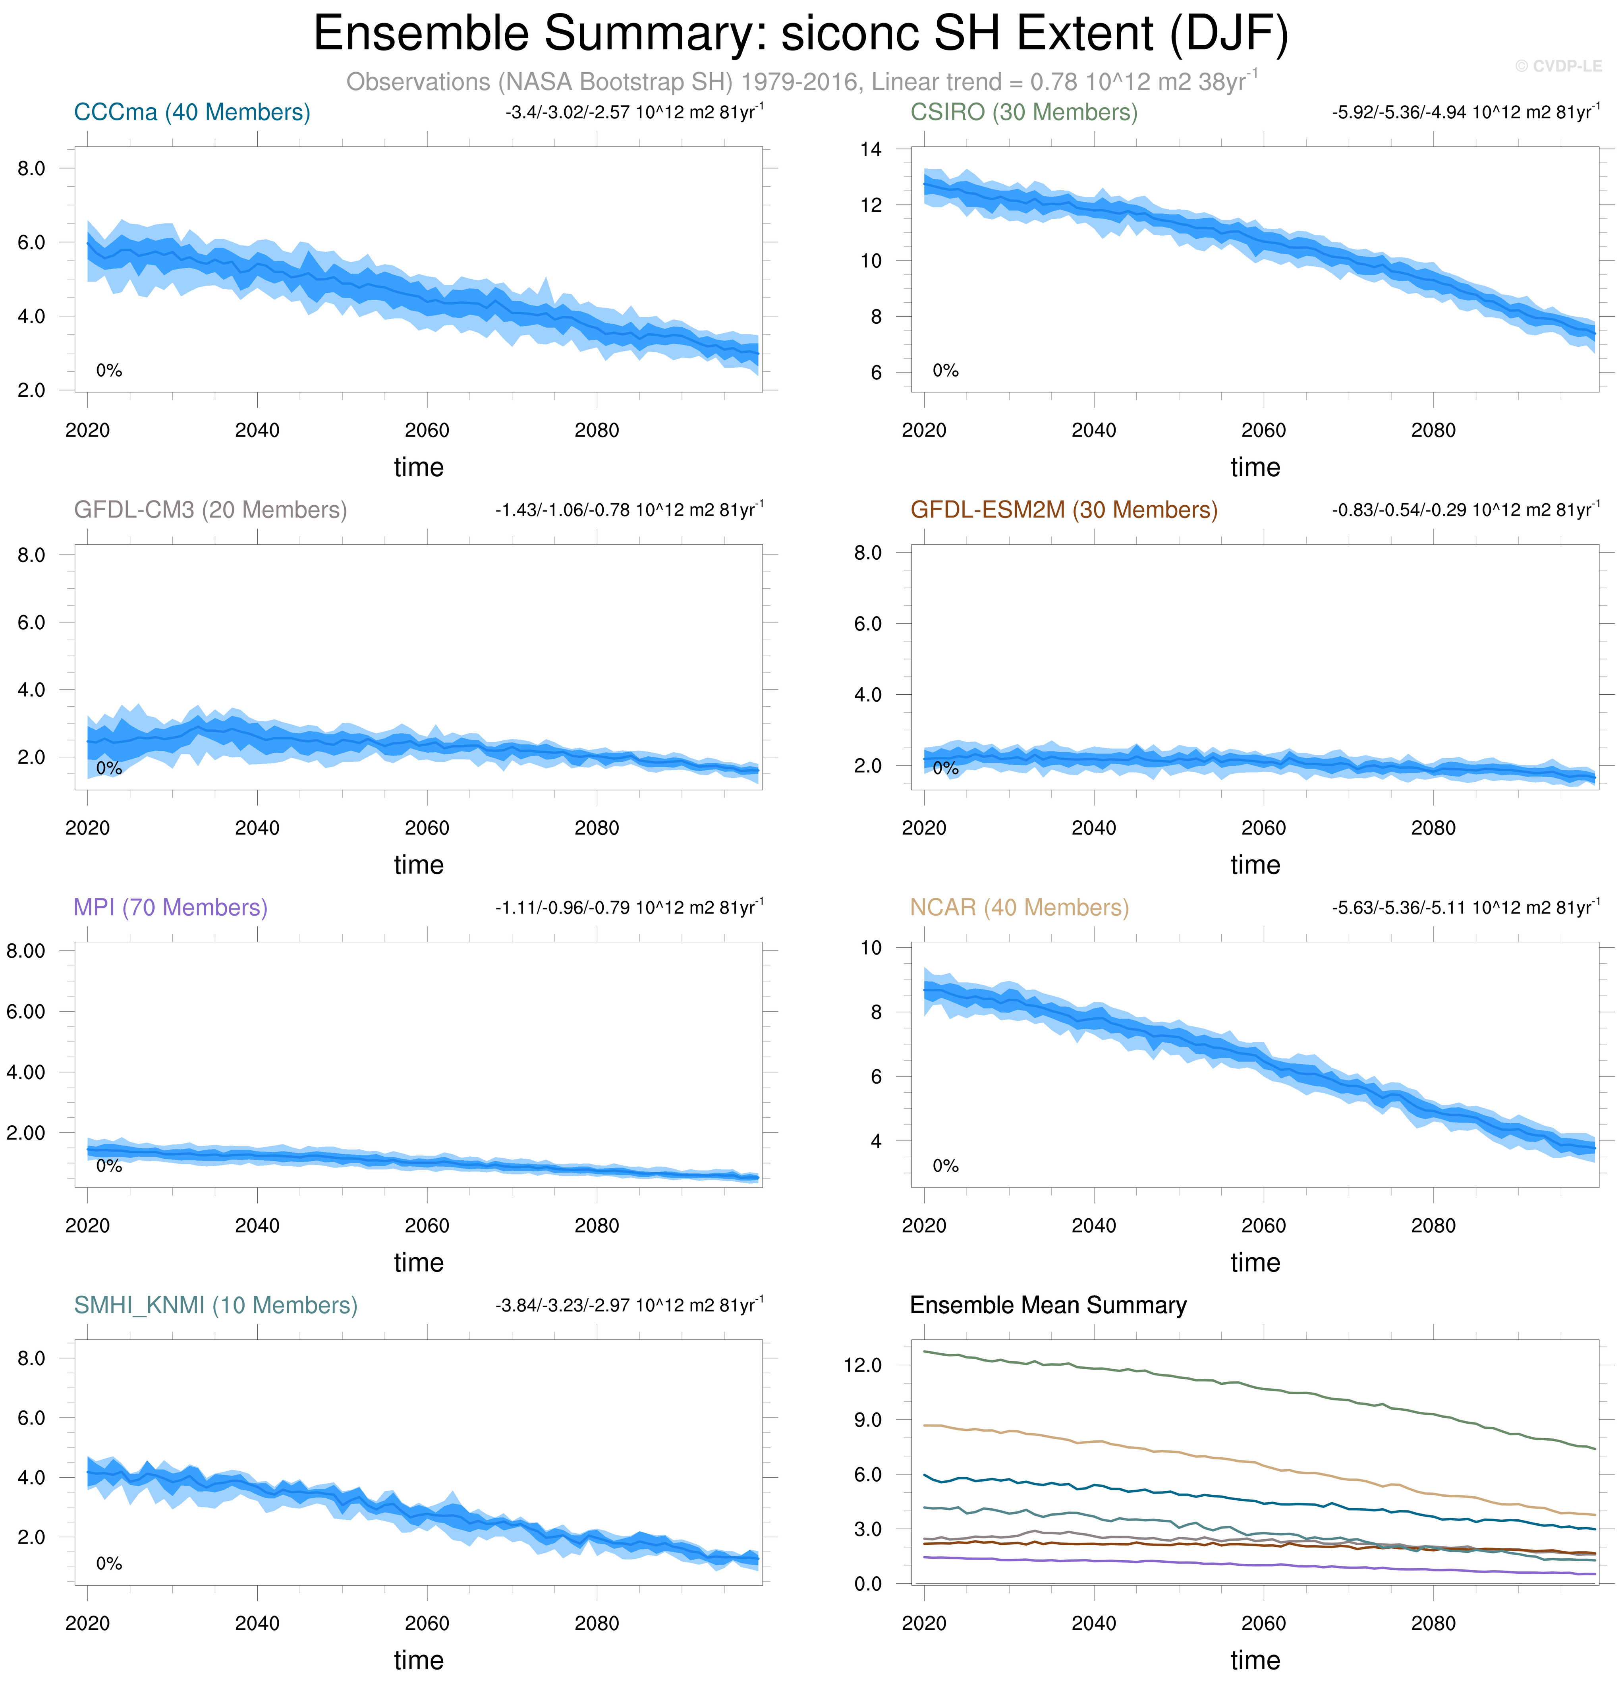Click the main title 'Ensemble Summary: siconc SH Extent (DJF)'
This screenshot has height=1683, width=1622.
pyautogui.click(x=800, y=34)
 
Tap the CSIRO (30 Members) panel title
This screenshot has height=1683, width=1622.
pyautogui.click(x=1023, y=112)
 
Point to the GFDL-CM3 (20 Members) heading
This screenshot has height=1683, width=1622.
pyautogui.click(x=210, y=510)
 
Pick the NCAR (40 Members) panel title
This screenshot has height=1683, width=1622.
pyautogui.click(x=1019, y=908)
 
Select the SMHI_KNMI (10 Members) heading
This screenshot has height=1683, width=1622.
pyautogui.click(x=216, y=1305)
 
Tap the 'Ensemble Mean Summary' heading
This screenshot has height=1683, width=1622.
pyautogui.click(x=1048, y=1305)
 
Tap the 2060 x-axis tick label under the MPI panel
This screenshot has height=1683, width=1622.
pyautogui.click(x=427, y=1225)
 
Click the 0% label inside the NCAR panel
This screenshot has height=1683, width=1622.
pyautogui.click(x=945, y=1165)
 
